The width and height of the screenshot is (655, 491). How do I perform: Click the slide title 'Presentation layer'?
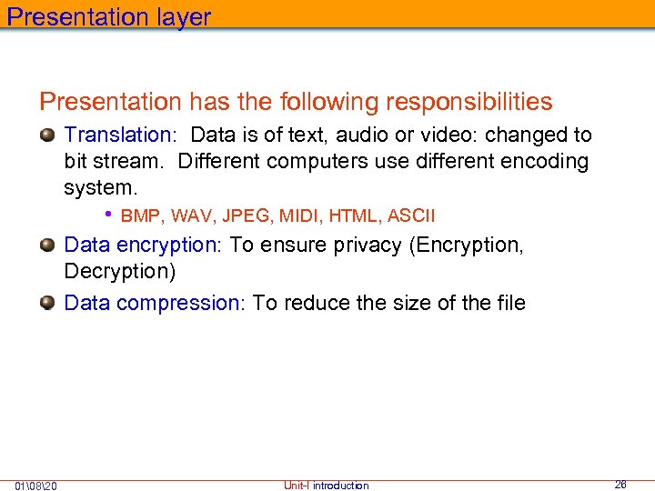pyautogui.click(x=109, y=17)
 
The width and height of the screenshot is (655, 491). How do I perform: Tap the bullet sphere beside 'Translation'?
pyautogui.click(x=47, y=135)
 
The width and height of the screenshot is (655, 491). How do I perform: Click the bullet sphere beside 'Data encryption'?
pyautogui.click(x=47, y=245)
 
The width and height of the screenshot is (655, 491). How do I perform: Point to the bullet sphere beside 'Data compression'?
pyautogui.click(x=47, y=303)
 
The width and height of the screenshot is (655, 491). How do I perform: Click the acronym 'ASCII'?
pyautogui.click(x=411, y=216)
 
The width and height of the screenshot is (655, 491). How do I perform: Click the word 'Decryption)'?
pyautogui.click(x=119, y=272)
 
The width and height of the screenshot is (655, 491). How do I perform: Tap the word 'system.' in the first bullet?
pyautogui.click(x=100, y=188)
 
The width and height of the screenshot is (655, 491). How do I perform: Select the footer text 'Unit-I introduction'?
pyautogui.click(x=326, y=486)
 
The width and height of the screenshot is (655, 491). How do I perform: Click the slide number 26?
pyautogui.click(x=620, y=485)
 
